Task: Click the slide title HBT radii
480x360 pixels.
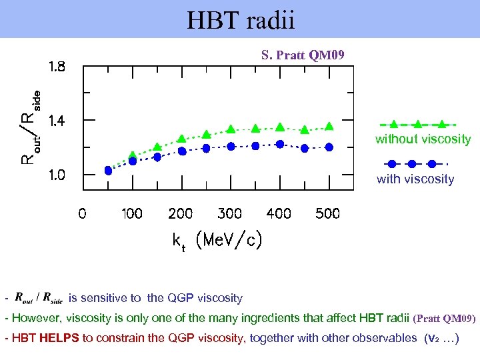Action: pos(240,20)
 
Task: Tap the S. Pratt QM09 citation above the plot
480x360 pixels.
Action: pos(303,55)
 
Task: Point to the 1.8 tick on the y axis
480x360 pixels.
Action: pos(57,67)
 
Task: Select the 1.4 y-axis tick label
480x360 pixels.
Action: pos(57,121)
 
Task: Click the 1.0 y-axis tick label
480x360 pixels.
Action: pos(57,175)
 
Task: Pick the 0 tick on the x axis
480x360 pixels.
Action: pos(82,214)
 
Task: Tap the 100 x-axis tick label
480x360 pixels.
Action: pos(131,214)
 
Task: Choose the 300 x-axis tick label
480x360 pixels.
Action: pos(229,214)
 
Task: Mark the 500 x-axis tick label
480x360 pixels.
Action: pos(327,214)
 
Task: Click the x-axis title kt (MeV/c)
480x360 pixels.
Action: pos(217,241)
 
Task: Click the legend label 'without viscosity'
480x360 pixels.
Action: pos(423,139)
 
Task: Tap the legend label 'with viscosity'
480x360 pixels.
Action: pos(415,179)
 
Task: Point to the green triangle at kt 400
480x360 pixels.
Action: pos(280,127)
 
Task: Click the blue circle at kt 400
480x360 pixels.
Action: pos(280,144)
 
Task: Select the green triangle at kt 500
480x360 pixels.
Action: pos(329,127)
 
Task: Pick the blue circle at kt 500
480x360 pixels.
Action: pos(329,147)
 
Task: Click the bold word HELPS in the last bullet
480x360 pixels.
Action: pos(59,338)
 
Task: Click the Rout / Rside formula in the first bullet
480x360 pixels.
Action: pos(38,298)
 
